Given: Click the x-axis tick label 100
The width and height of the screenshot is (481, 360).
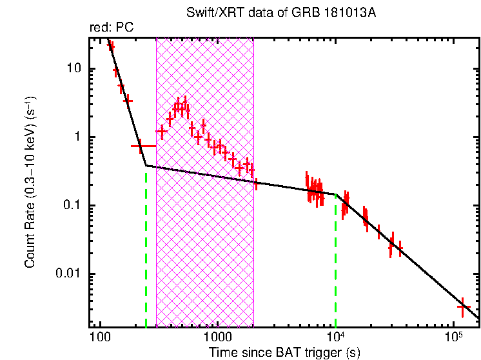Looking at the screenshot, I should [99, 338].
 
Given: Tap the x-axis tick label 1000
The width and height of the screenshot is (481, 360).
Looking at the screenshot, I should [217, 338].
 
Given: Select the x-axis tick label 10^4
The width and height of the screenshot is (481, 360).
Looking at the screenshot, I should [336, 337].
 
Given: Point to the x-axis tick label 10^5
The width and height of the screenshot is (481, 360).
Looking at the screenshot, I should [455, 337].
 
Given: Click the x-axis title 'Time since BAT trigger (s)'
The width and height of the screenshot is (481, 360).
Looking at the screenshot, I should [284, 352].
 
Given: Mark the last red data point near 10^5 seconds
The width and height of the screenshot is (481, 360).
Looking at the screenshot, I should [462, 307].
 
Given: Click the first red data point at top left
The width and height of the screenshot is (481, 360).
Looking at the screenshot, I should [110, 45].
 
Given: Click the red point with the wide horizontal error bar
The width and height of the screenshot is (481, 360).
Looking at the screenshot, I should [140, 146].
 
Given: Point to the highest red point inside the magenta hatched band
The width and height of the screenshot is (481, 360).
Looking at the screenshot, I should [186, 105].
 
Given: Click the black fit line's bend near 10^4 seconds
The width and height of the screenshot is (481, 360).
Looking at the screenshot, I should [336, 194].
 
